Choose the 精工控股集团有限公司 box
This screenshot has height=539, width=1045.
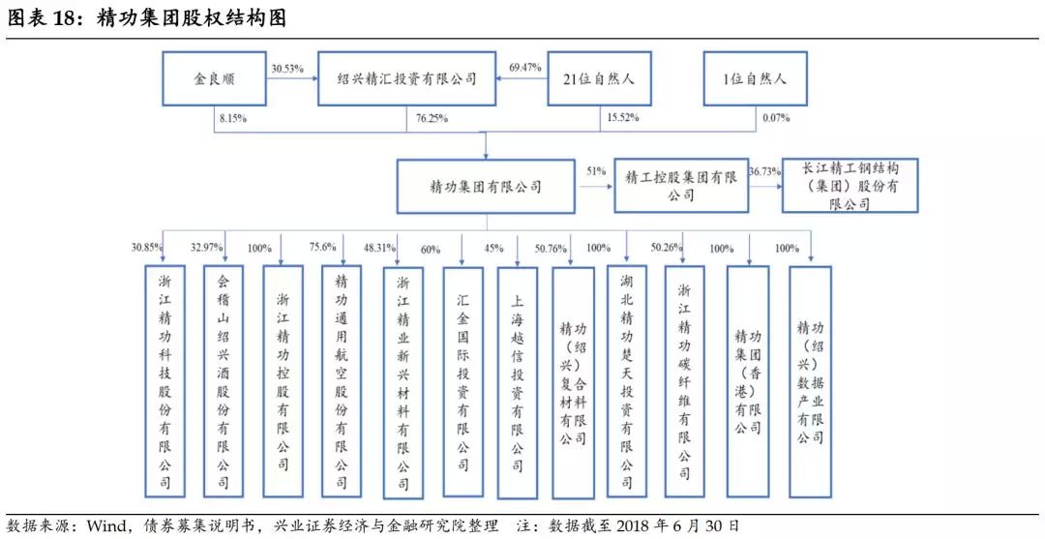[680, 186]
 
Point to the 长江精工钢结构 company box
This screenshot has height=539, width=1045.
[850, 185]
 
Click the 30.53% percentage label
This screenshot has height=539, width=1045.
[288, 68]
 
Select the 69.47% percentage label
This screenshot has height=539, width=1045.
[525, 68]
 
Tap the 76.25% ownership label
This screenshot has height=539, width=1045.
[432, 119]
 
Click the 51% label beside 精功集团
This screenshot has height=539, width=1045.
[596, 171]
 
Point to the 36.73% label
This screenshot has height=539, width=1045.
[765, 171]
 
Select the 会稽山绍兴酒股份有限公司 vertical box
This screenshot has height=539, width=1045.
[224, 381]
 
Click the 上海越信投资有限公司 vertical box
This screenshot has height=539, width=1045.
[518, 382]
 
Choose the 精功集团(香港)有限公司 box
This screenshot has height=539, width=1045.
[748, 381]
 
